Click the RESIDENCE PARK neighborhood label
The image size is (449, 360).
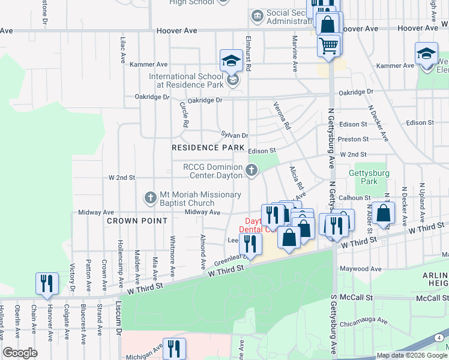click(208, 147)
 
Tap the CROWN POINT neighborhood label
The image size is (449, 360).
click(137, 221)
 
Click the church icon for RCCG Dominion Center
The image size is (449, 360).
click(253, 172)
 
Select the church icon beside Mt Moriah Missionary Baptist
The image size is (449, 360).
click(151, 197)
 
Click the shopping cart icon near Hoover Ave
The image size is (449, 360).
click(328, 46)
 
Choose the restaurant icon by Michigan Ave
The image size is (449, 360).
click(174, 349)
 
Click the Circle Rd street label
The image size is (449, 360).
click(184, 114)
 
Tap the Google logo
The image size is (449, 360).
click(20, 353)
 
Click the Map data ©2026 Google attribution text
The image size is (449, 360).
click(412, 355)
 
